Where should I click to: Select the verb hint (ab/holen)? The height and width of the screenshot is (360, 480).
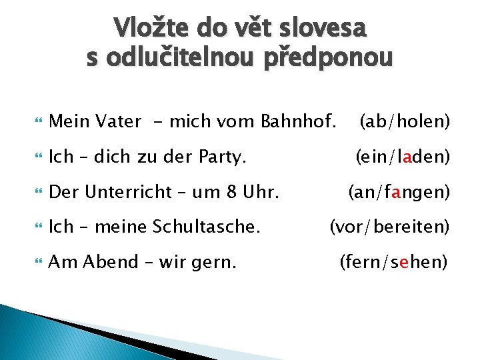405,121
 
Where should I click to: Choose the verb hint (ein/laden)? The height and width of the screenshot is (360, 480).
403,157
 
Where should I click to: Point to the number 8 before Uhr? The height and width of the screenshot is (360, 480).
231,193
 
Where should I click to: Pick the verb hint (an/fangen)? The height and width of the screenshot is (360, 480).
399,193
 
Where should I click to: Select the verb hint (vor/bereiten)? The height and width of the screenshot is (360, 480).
390,227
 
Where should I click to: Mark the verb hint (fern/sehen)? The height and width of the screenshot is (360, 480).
393,262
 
